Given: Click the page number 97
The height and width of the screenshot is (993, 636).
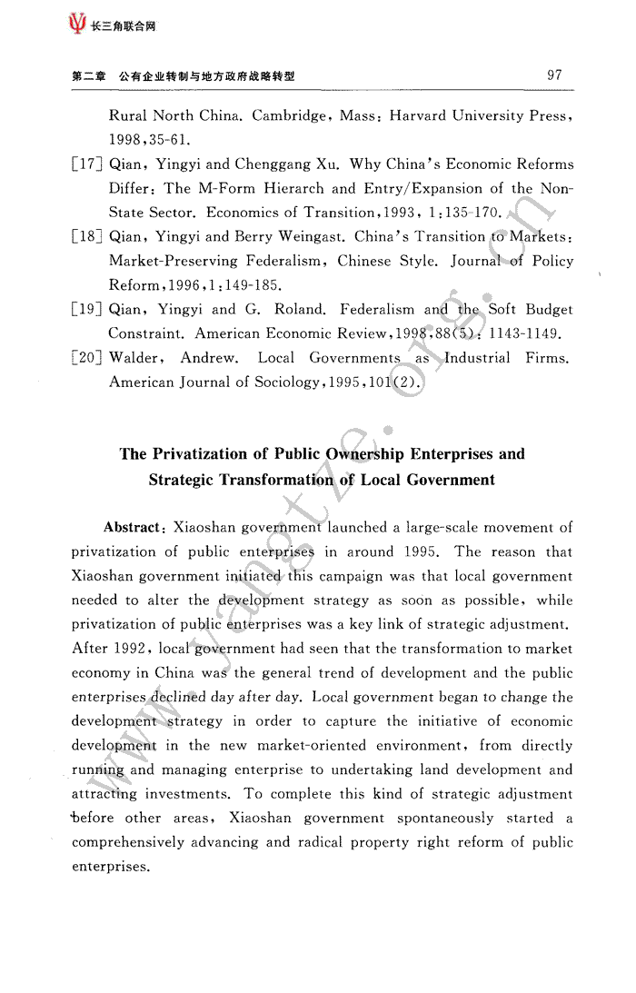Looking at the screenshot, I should [555, 75].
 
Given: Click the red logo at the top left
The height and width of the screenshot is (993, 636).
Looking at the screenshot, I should [78, 25].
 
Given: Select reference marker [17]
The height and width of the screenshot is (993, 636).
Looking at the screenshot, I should [87, 164].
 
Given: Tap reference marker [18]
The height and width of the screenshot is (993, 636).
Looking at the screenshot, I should [87, 237].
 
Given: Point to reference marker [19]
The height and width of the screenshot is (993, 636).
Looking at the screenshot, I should [87, 310].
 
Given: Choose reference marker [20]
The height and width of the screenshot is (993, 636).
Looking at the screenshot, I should [87, 358].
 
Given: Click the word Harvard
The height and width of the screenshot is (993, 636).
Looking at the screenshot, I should [410, 116].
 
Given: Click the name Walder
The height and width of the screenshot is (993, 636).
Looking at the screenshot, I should [134, 358].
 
